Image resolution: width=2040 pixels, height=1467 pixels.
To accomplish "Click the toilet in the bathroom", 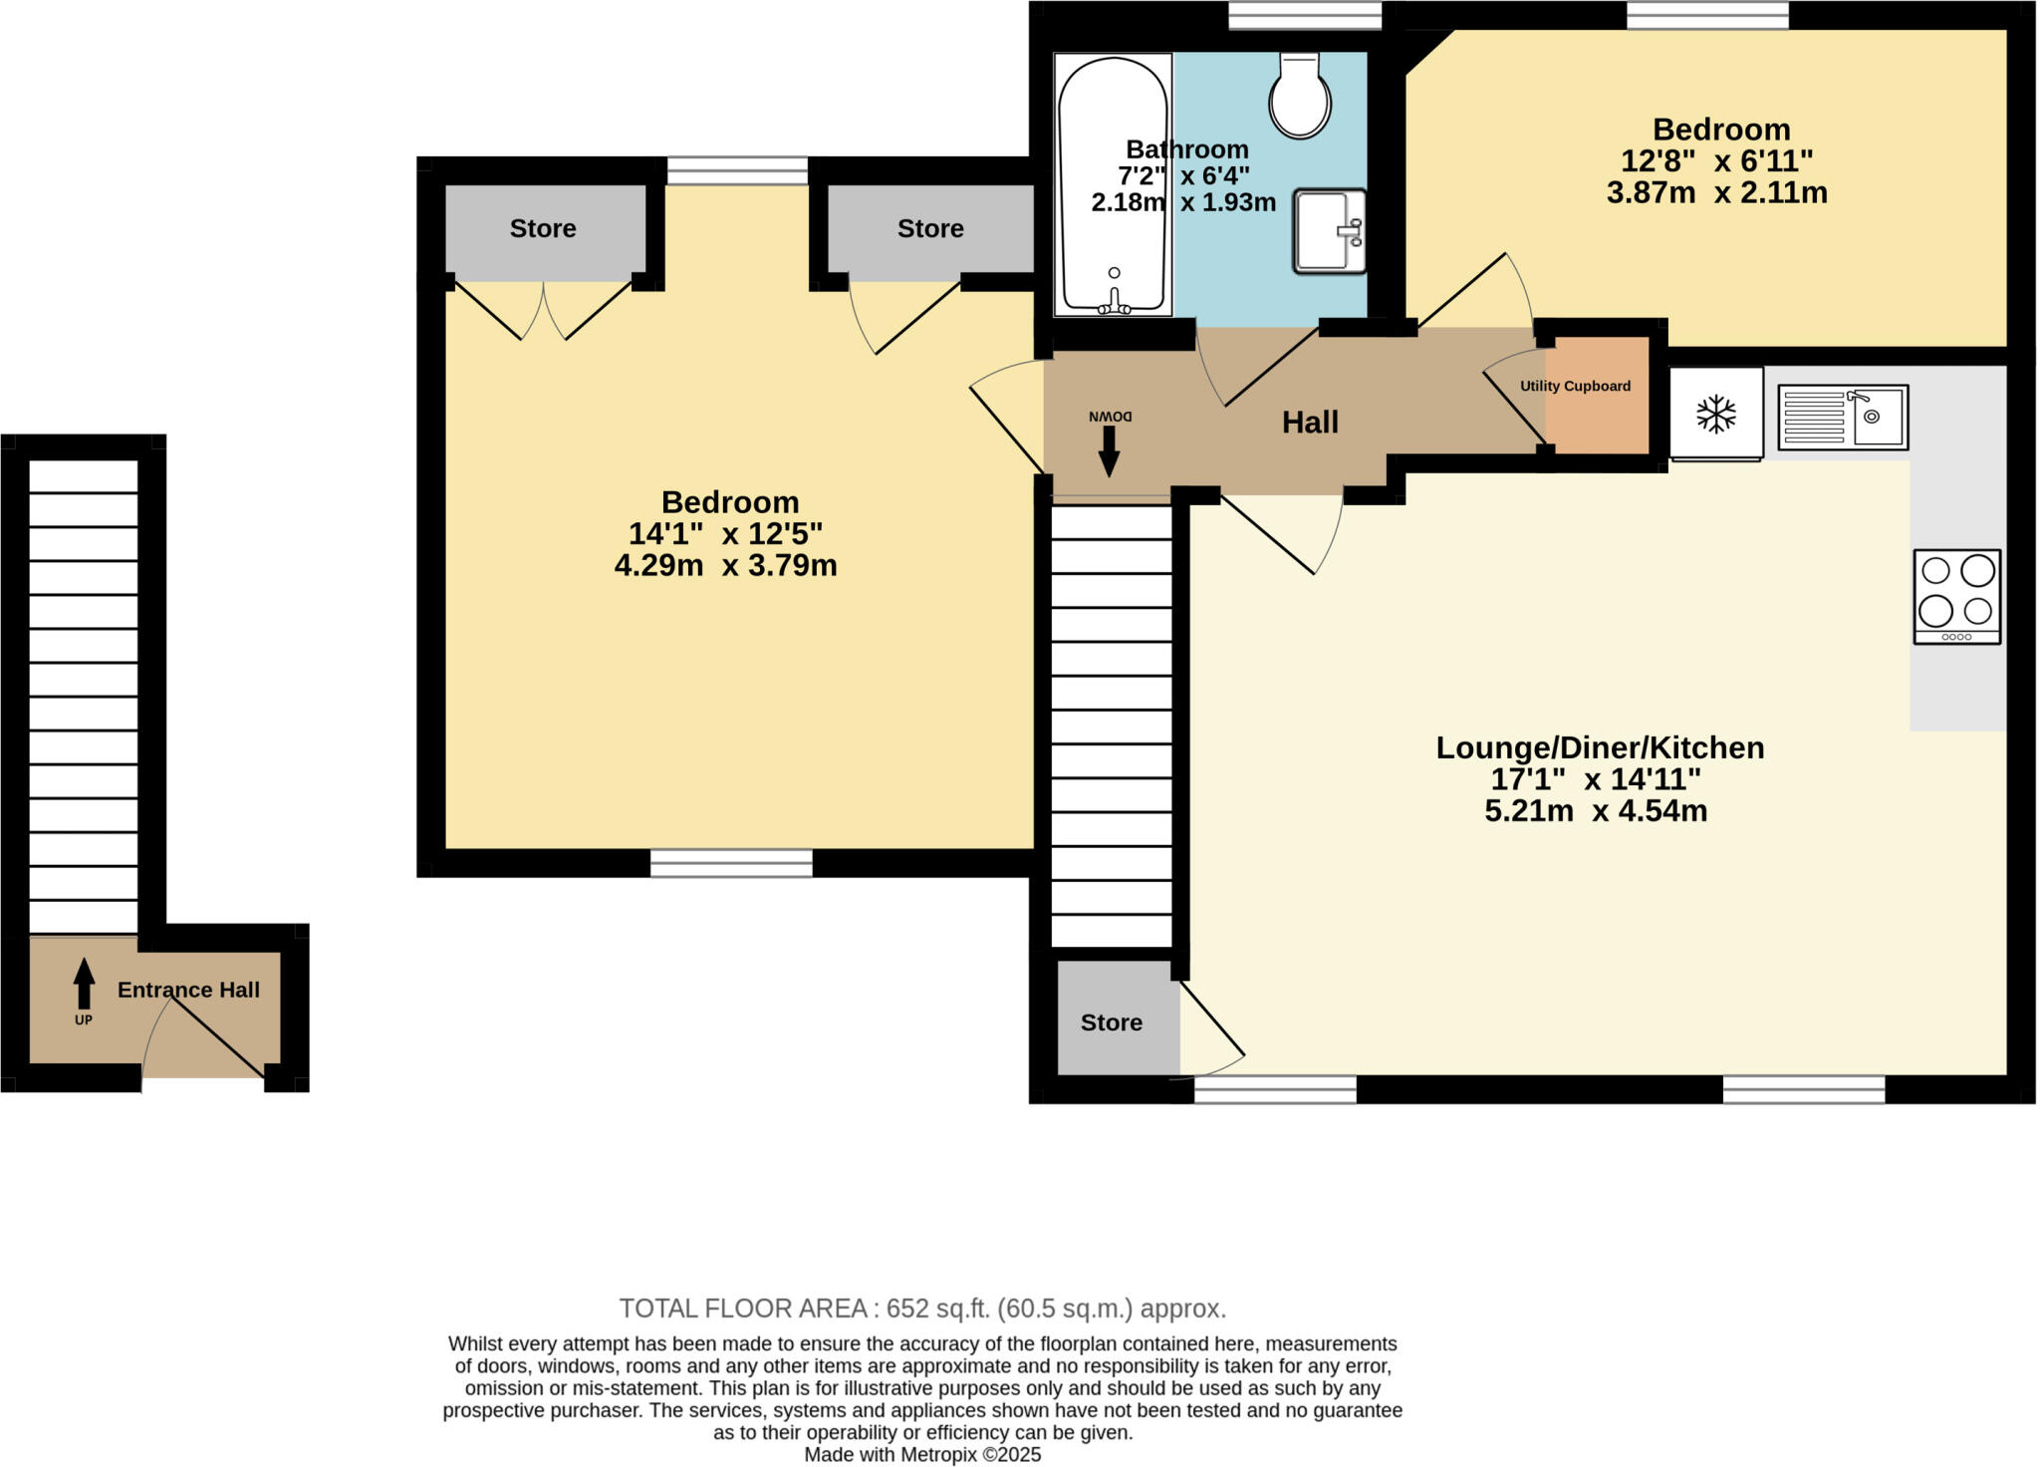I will point(1300,97).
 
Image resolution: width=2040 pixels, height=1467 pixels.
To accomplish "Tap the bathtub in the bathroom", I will point(1112,184).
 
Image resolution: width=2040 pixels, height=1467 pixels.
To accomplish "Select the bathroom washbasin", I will point(1329,231).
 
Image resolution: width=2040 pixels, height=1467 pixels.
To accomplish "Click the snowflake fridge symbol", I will point(1716,414).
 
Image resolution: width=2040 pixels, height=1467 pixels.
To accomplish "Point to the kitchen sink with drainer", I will point(1843,417).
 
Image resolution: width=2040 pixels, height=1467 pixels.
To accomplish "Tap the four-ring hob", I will point(1956,596).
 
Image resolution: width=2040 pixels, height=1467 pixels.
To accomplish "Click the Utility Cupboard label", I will point(1575,386).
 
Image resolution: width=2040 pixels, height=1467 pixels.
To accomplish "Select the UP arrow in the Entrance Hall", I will point(84,985).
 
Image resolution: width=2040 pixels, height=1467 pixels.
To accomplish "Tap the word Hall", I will point(1309,423).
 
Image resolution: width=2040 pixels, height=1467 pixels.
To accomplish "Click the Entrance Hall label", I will point(188,990).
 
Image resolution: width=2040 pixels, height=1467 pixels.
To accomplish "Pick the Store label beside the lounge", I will point(1111,1023).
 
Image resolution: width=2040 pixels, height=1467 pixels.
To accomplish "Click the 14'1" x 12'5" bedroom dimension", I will point(725,534).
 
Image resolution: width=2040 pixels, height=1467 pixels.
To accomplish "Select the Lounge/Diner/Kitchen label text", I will point(1599,747).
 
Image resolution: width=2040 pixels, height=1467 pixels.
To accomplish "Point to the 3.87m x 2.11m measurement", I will point(1716,192).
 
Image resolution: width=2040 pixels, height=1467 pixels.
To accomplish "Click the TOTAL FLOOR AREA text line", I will point(921,1309).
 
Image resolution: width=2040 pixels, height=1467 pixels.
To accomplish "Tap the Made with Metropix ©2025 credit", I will point(921,1455).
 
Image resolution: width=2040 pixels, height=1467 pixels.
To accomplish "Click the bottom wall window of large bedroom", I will point(731,863).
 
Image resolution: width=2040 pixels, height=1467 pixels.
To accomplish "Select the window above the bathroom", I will point(1304,15).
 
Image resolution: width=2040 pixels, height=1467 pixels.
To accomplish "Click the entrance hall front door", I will point(204,1041).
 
